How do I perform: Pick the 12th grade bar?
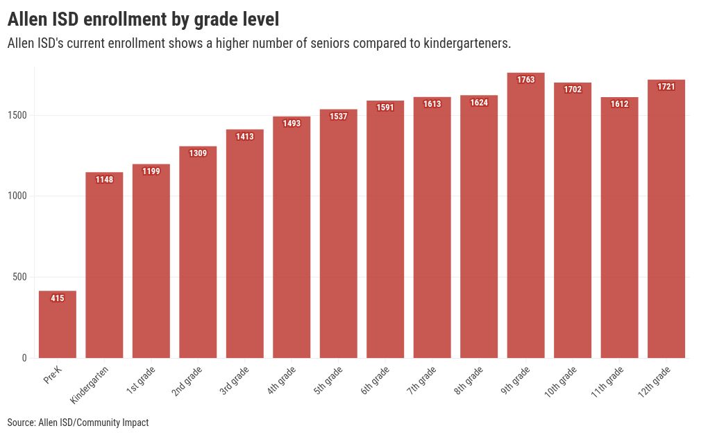coord(666,222)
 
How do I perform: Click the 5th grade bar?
coord(338,236)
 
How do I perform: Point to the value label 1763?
coord(526,80)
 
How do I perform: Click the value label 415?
coord(58,298)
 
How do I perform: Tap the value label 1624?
coord(479,103)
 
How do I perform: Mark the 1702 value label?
coord(573,89)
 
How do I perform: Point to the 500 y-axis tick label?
coord(20,278)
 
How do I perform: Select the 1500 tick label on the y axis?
coord(18,115)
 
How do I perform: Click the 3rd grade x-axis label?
coord(235,381)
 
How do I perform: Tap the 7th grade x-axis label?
coord(422,381)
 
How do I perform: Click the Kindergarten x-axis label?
coord(90,385)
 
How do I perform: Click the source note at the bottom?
coord(78,423)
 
